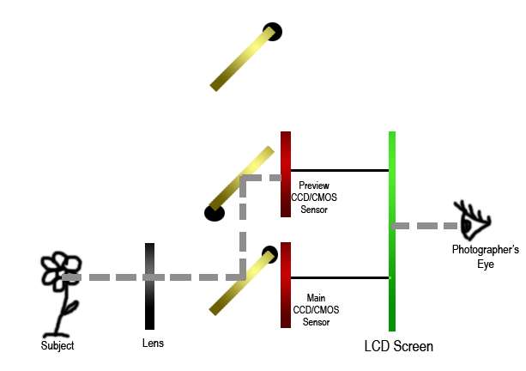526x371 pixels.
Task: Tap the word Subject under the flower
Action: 57,346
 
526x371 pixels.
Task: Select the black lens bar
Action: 149,286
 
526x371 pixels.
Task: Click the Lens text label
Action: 153,344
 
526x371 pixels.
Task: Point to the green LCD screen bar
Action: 392,232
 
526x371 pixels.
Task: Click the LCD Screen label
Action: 399,347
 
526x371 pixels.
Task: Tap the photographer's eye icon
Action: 472,221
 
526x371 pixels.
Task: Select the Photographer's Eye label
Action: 486,257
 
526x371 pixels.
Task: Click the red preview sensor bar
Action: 286,174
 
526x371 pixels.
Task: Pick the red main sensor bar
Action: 286,284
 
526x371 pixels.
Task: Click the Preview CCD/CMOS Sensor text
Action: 313,198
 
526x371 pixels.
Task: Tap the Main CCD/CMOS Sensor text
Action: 315,310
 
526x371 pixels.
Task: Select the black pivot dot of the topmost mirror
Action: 273,33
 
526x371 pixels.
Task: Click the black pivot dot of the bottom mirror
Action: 269,253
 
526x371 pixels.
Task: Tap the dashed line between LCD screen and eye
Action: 426,226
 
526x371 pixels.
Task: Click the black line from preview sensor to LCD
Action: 340,170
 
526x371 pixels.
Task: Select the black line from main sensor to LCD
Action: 340,277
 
